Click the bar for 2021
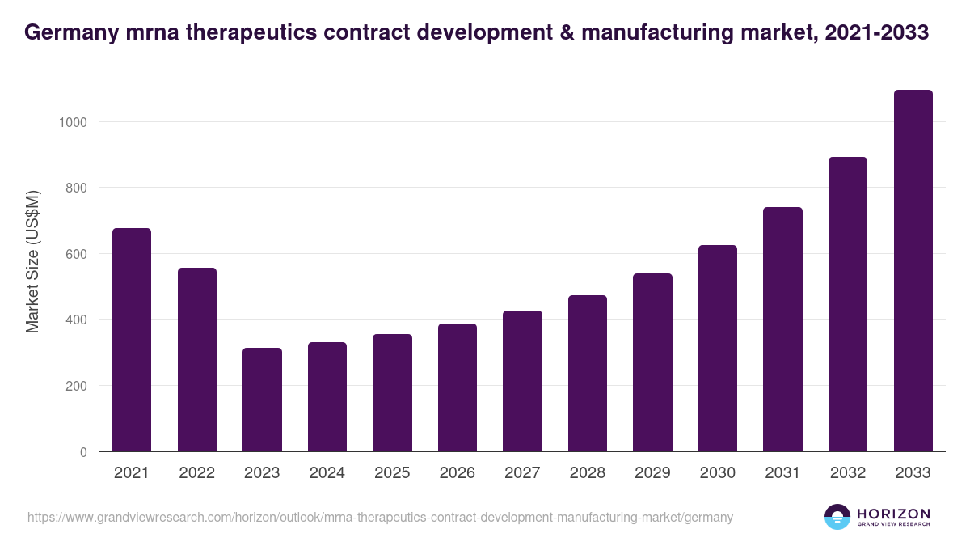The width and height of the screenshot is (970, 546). click(x=131, y=340)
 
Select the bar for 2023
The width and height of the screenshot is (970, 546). click(x=262, y=400)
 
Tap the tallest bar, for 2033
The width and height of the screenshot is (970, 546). click(x=913, y=271)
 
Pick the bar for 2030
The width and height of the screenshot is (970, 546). click(x=717, y=348)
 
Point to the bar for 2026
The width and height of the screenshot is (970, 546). click(x=457, y=387)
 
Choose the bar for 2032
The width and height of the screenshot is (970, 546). click(x=847, y=304)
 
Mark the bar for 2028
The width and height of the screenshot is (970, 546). click(x=587, y=373)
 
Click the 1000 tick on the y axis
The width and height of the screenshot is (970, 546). click(x=71, y=122)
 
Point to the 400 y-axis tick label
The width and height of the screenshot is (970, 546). click(x=74, y=320)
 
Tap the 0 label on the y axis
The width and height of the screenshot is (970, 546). click(x=82, y=452)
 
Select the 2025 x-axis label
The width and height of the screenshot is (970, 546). click(x=392, y=473)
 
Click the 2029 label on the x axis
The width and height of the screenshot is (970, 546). click(x=652, y=473)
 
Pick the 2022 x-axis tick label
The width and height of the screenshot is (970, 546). click(x=196, y=473)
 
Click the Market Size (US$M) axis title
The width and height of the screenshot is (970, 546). click(x=32, y=260)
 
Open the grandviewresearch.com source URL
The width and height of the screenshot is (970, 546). click(x=380, y=517)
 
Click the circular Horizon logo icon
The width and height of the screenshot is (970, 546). click(x=837, y=517)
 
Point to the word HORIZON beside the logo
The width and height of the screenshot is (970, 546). click(x=893, y=514)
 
